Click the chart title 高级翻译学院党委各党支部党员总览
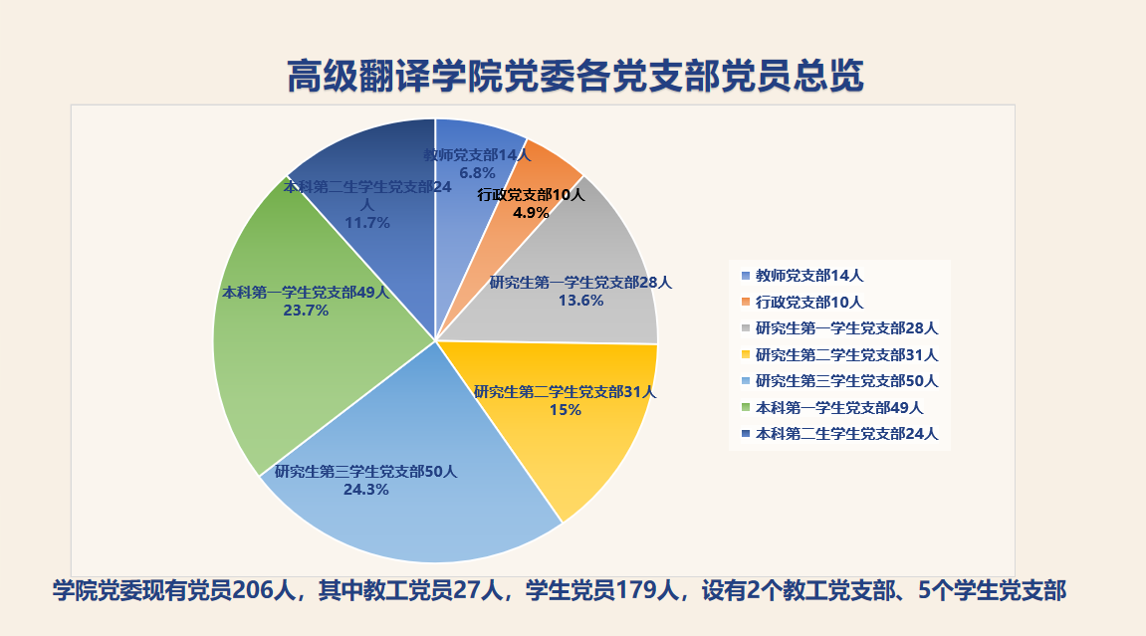pyautogui.click(x=575, y=76)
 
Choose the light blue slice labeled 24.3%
pyautogui.click(x=409, y=490)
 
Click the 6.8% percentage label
pyautogui.click(x=477, y=173)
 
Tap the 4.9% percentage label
pyautogui.click(x=531, y=212)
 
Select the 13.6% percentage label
pyautogui.click(x=581, y=301)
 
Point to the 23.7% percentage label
pyautogui.click(x=307, y=311)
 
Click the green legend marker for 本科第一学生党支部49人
pyautogui.click(x=746, y=407)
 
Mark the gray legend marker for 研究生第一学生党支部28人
pyautogui.click(x=746, y=328)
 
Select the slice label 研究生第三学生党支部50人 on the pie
pyautogui.click(x=366, y=472)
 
